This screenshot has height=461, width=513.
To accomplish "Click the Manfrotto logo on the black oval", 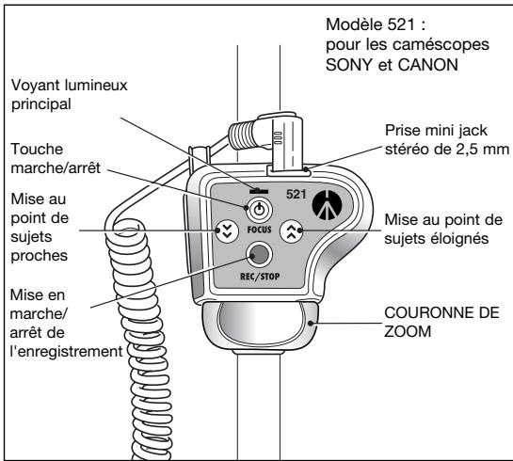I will point(326,203).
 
